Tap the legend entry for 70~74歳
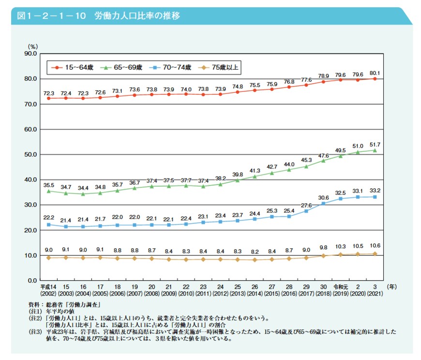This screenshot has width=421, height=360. click(171, 67)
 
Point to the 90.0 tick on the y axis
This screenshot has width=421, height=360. click(30, 54)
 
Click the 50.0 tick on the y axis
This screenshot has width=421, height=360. click(30, 154)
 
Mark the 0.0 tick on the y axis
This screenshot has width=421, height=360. click(32, 280)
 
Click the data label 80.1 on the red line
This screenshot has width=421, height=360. click(376, 73)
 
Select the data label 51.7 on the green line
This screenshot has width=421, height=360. click(376, 144)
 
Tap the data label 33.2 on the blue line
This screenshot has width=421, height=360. click(376, 191)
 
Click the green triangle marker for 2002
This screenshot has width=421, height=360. click(48, 191)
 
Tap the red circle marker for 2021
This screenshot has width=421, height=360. click(376, 79)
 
